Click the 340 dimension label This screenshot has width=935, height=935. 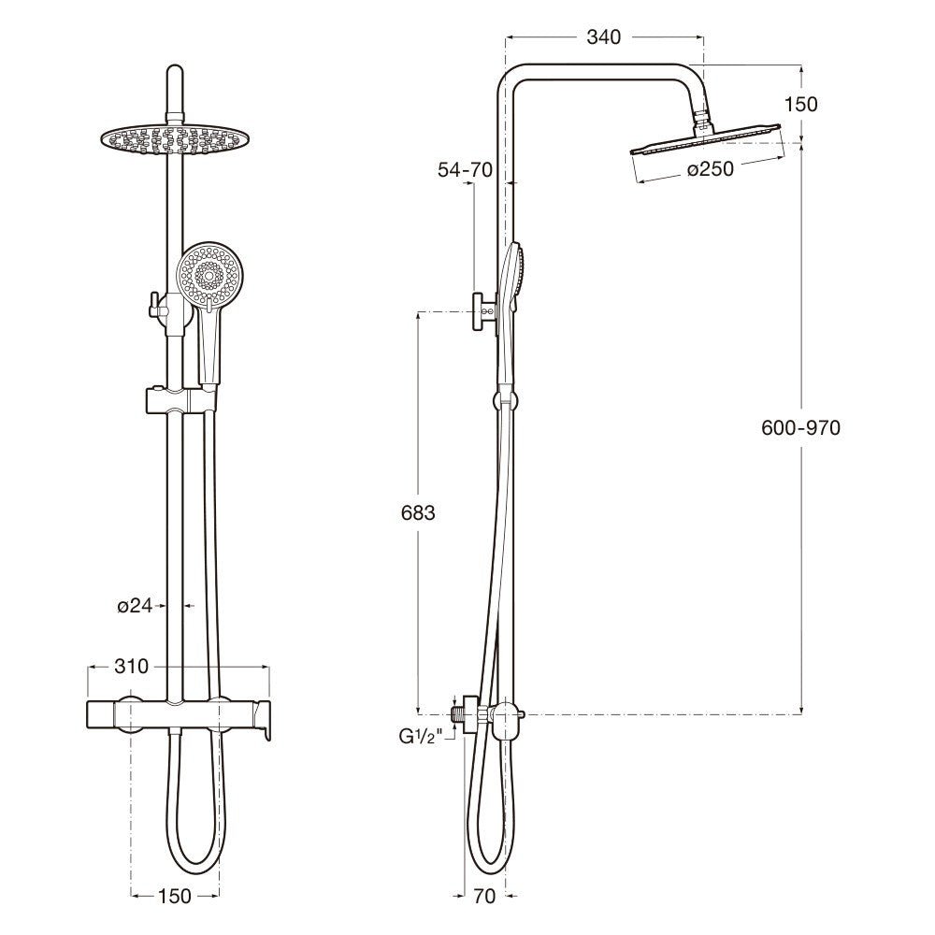click(604, 37)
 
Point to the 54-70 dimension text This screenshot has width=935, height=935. click(464, 169)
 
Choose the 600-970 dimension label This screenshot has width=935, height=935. click(802, 427)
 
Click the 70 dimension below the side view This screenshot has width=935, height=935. click(483, 897)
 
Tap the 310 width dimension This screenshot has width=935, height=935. click(131, 667)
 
